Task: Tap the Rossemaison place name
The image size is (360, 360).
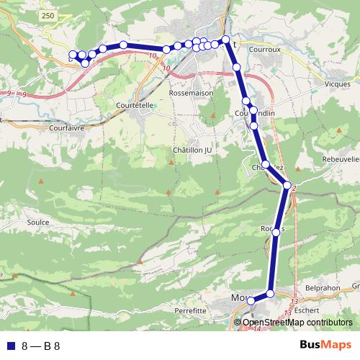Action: (189, 94)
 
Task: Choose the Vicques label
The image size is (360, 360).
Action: (337, 84)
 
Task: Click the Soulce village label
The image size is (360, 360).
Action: (37, 222)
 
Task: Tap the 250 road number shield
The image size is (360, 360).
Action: (48, 15)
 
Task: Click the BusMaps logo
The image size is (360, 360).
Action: (325, 345)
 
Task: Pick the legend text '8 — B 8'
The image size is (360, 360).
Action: (40, 346)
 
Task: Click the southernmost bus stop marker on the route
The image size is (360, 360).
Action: (251, 301)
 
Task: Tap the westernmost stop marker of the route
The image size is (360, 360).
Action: (73, 55)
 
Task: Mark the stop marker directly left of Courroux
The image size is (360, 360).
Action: (225, 40)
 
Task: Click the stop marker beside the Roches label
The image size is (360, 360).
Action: (275, 230)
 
